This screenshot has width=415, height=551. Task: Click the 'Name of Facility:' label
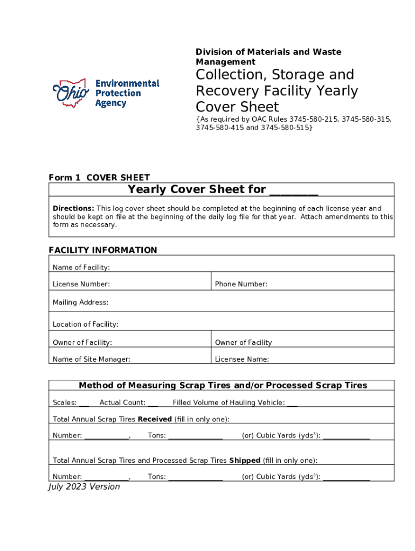tap(81, 267)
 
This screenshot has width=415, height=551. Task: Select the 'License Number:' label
tap(81, 284)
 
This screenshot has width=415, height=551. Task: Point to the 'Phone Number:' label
tap(241, 284)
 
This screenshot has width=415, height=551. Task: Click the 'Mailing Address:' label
tap(80, 302)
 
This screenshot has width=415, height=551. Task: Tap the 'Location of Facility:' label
tap(86, 324)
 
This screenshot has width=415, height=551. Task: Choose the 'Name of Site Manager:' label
tap(91, 359)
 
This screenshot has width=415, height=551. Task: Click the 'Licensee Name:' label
tap(242, 359)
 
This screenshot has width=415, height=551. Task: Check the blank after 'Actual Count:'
tap(153, 404)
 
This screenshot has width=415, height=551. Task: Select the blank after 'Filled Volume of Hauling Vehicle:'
tap(292, 404)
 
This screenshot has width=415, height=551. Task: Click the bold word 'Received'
tap(155, 419)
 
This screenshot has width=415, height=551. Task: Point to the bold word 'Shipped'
tap(245, 461)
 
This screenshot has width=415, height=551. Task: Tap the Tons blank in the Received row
tap(195, 437)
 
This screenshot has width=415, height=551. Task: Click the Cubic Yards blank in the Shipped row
tap(346, 478)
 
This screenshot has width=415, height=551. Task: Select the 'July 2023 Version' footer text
tap(84, 486)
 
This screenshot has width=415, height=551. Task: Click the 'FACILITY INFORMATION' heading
tap(103, 250)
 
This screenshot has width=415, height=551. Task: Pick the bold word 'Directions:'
tap(73, 208)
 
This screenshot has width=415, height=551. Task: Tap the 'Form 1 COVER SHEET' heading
tap(99, 178)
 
